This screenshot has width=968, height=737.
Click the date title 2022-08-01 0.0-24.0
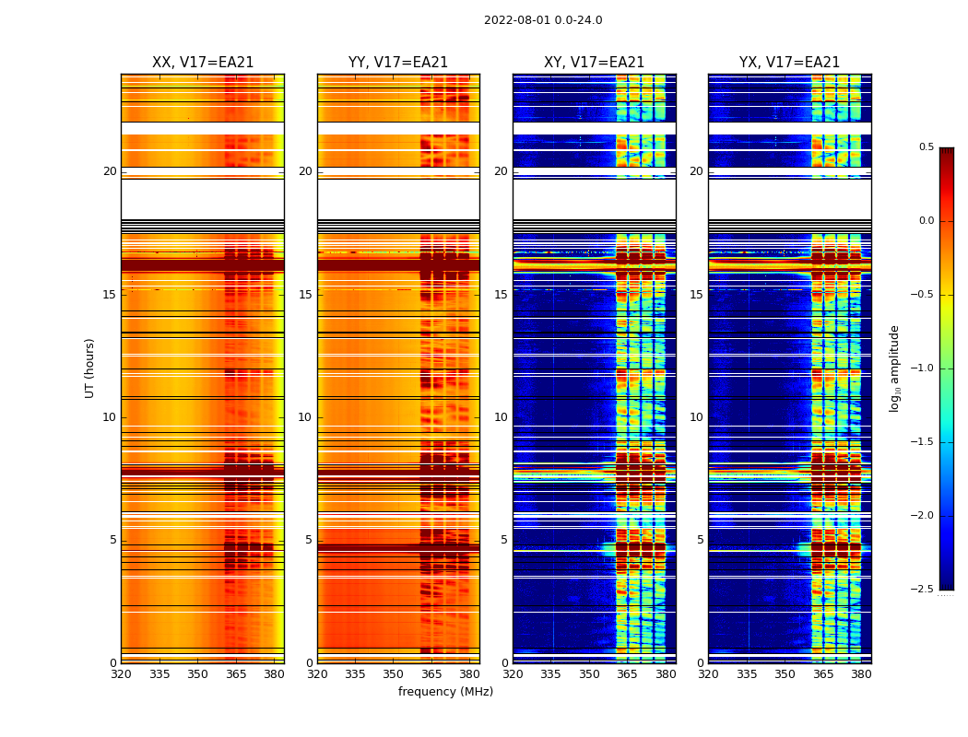pyautogui.click(x=543, y=20)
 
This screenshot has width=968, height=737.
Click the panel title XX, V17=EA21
pyautogui.click(x=203, y=63)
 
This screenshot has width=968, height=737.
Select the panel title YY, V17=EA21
pyautogui.click(x=398, y=63)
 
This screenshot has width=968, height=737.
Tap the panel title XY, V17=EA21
pyautogui.click(x=594, y=63)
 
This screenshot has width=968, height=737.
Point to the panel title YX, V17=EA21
pyautogui.click(x=789, y=63)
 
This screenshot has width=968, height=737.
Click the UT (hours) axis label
pyautogui.click(x=90, y=368)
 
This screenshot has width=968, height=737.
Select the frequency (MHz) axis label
pyautogui.click(x=445, y=692)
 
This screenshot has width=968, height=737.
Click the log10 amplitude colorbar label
pyautogui.click(x=894, y=368)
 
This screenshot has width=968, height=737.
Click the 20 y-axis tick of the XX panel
pyautogui.click(x=110, y=171)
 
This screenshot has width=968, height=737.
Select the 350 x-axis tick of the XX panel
pyautogui.click(x=197, y=673)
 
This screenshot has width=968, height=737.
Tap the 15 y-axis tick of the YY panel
pyautogui.click(x=305, y=295)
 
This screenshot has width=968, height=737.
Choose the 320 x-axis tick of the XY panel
pyautogui.click(x=513, y=673)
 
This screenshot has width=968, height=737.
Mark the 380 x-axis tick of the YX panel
pyautogui.click(x=861, y=673)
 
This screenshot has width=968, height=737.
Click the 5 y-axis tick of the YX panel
pyautogui.click(x=700, y=540)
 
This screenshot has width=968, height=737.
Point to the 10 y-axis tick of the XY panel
pyautogui.click(x=501, y=417)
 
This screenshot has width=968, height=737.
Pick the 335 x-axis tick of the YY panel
pyautogui.click(x=355, y=673)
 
